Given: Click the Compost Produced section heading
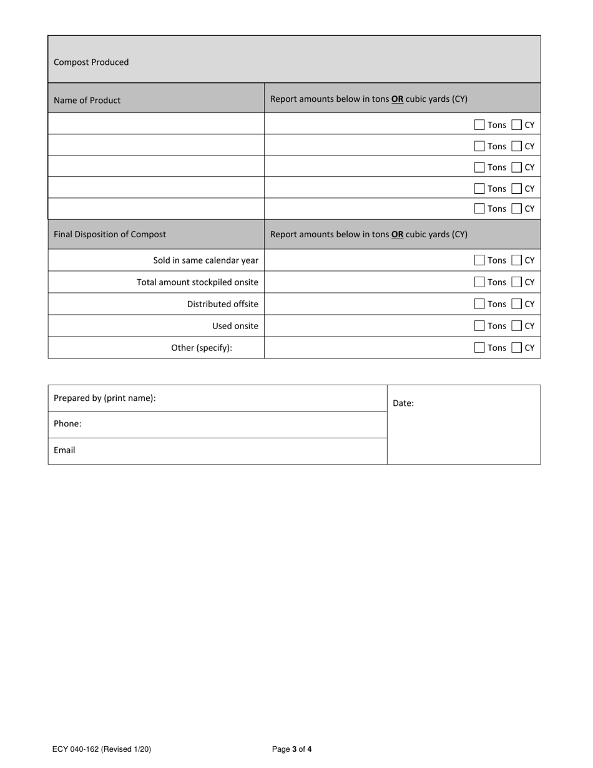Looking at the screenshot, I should (x=91, y=62).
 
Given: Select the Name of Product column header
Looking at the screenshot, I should (x=87, y=100).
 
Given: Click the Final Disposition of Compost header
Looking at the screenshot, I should (x=110, y=234).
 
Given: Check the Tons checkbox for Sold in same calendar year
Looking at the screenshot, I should (x=479, y=260).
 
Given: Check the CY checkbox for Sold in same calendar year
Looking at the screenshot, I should (x=516, y=260).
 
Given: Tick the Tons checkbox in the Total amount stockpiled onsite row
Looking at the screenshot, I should (x=479, y=282).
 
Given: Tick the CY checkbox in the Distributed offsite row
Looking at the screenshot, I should (x=516, y=304).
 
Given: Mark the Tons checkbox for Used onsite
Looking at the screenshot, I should (x=479, y=326).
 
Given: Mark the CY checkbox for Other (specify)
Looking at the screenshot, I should (x=516, y=348).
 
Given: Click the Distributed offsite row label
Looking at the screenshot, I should (x=222, y=304).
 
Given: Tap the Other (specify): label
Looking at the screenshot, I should (x=202, y=348).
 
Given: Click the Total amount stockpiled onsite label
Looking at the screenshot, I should (x=197, y=282).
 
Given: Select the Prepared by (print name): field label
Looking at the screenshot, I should (x=105, y=398).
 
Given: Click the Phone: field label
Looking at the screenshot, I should (x=67, y=423).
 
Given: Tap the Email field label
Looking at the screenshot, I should (x=64, y=450).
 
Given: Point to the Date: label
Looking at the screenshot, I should (x=403, y=403).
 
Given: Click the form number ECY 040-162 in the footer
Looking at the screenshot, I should (x=102, y=749).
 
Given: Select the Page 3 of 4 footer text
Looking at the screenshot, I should (x=292, y=749).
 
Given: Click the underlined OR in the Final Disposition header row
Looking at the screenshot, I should (x=397, y=234).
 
